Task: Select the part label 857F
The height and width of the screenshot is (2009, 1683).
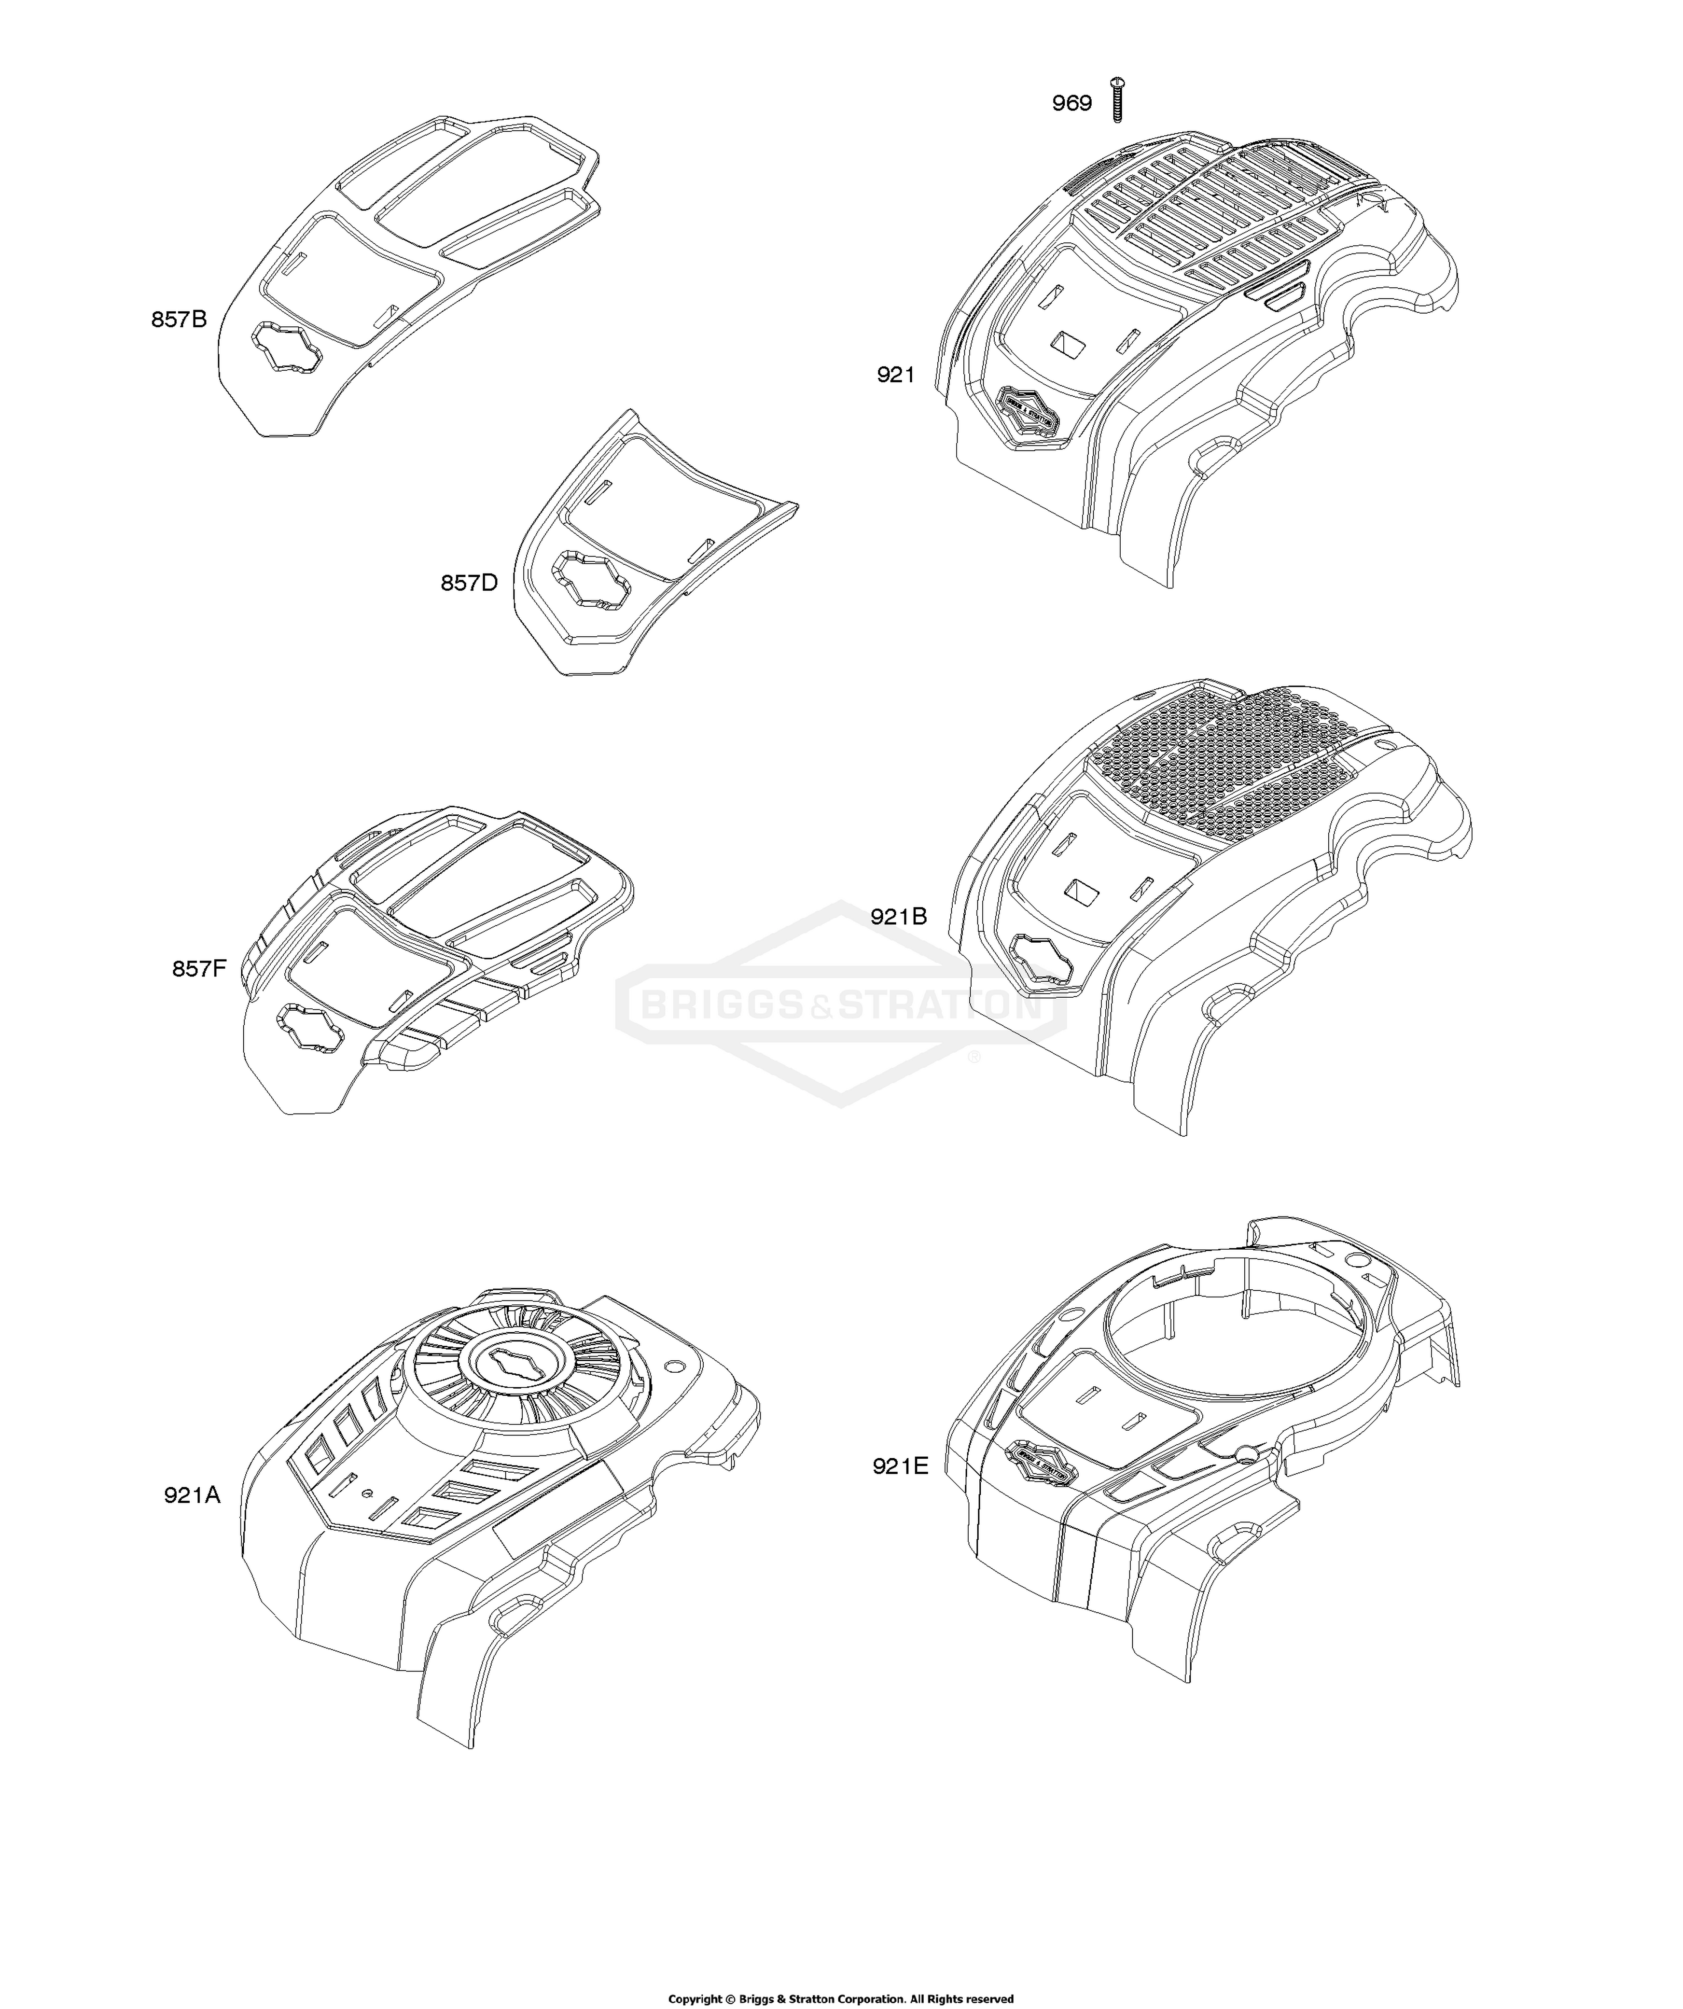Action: pos(199,969)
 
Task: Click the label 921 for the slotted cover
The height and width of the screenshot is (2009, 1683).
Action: pos(896,375)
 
